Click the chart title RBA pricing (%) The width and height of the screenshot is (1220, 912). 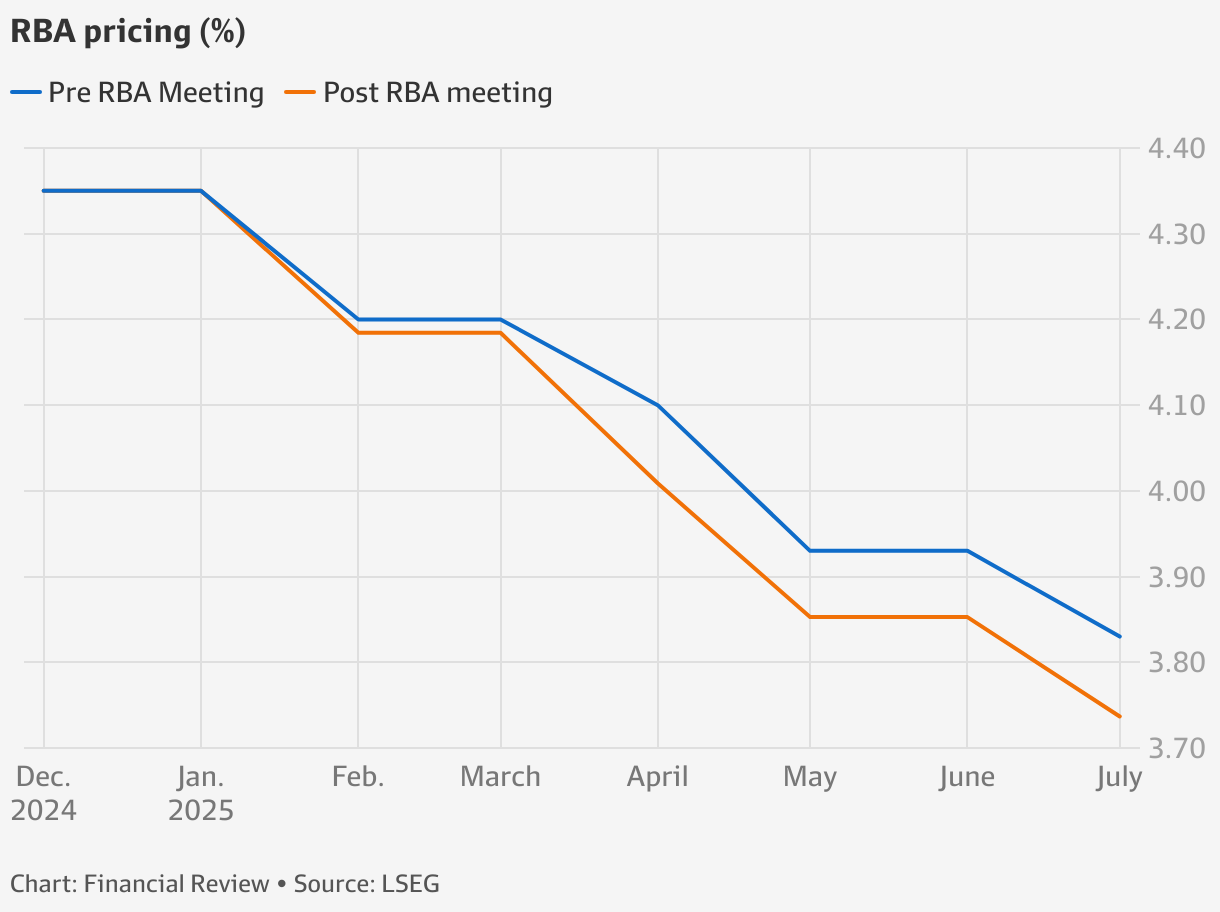(128, 32)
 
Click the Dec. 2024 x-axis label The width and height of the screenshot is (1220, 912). (44, 793)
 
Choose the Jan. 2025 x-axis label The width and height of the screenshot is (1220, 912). (201, 793)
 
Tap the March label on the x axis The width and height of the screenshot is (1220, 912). (500, 777)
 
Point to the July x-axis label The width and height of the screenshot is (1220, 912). (1118, 777)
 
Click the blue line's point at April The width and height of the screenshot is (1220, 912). (657, 405)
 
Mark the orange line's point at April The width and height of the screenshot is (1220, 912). (657, 483)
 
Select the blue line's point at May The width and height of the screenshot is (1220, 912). (809, 551)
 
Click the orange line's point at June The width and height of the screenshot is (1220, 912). (967, 617)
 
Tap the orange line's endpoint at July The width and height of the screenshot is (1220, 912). (1120, 716)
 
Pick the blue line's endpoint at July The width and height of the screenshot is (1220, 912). (1120, 636)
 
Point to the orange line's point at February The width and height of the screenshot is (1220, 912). (358, 332)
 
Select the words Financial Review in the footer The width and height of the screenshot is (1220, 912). (177, 884)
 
